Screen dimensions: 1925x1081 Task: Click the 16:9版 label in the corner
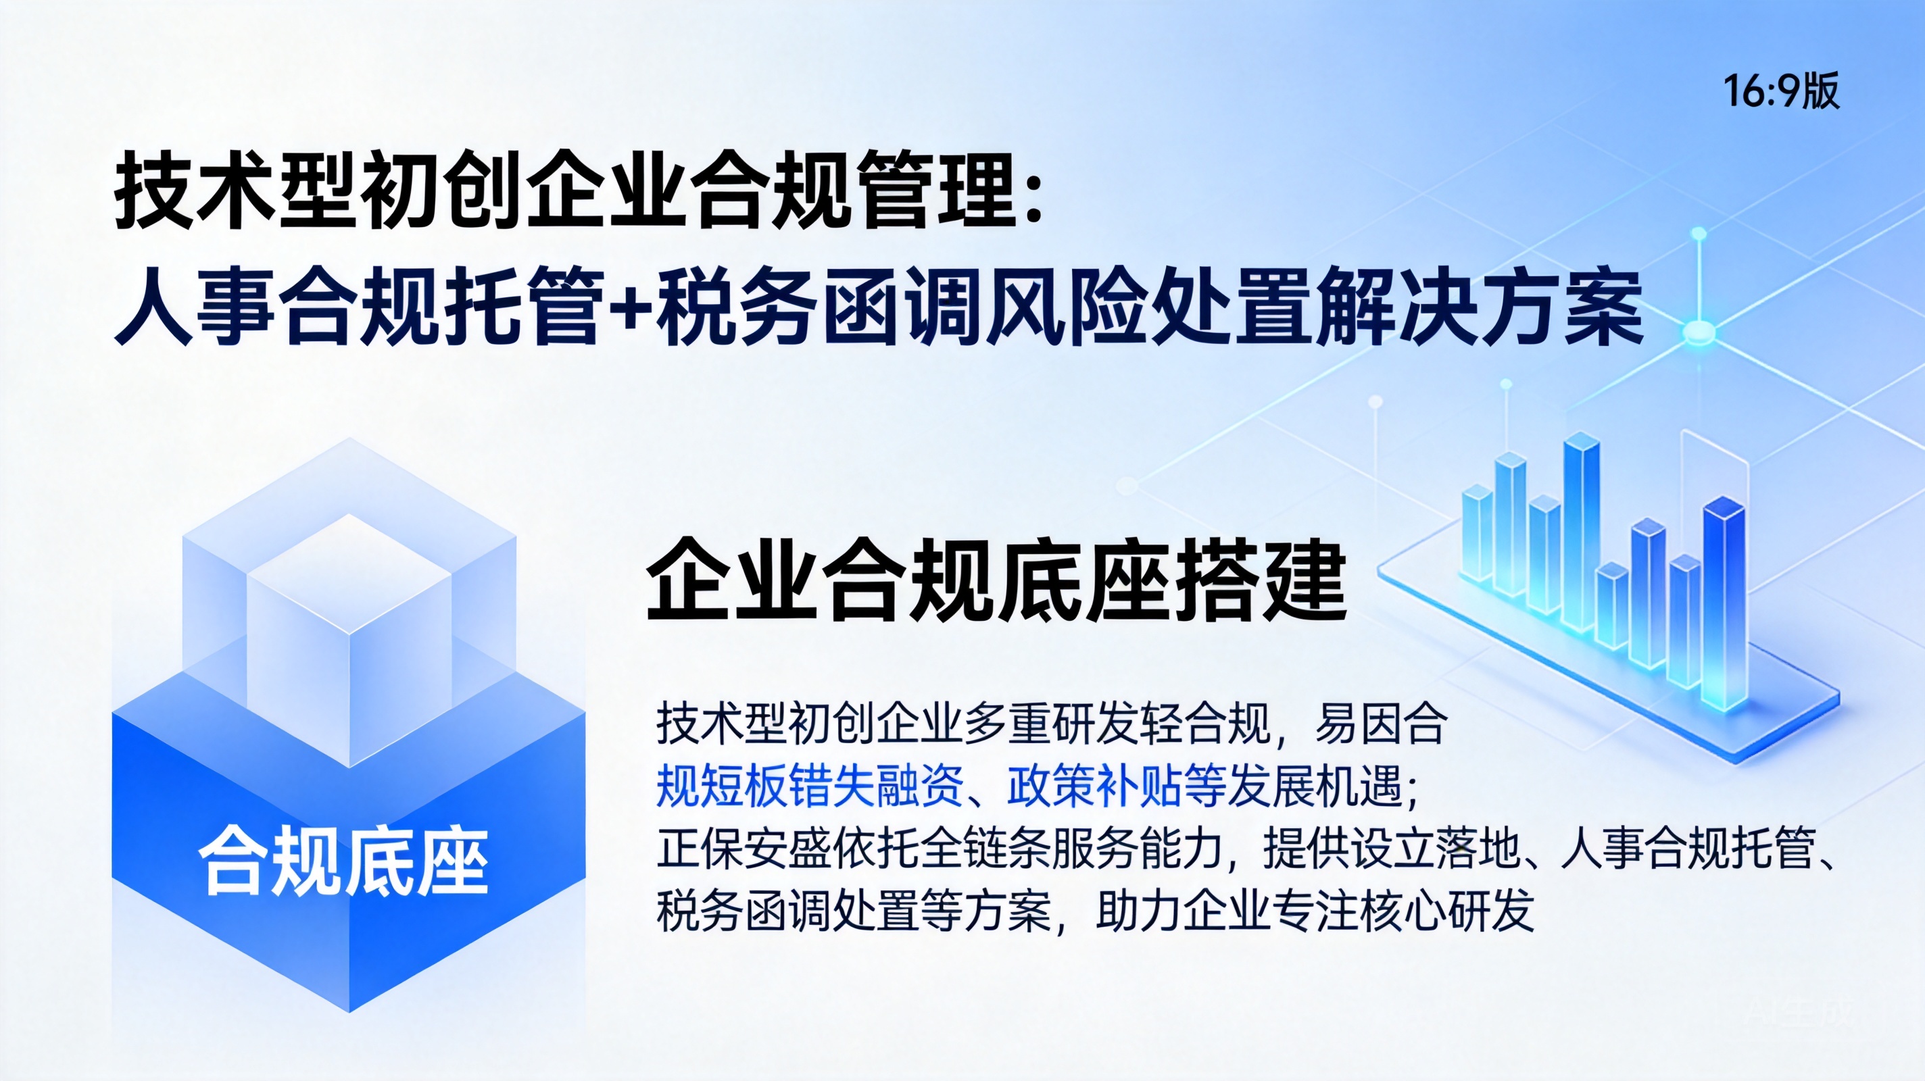pos(1781,92)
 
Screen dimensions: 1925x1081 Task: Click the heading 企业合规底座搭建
pos(996,580)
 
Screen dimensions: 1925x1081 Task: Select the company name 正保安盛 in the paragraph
pos(744,849)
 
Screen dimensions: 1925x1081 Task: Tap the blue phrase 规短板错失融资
pos(809,787)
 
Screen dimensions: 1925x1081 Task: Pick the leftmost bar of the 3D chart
pos(1476,532)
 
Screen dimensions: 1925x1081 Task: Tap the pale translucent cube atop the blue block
pos(349,640)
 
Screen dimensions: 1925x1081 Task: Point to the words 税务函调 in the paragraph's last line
pos(744,911)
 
